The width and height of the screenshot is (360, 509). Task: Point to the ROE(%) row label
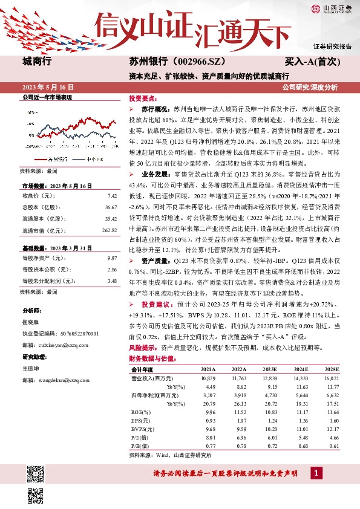tap(140, 411)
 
